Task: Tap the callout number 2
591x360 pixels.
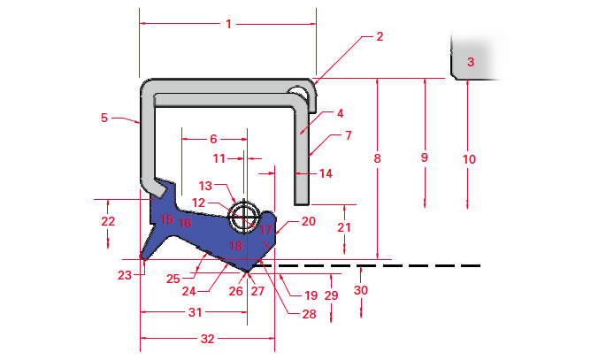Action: (380, 37)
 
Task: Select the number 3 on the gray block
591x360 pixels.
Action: (471, 62)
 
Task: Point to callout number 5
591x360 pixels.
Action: (104, 117)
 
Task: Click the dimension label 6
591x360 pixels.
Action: (213, 139)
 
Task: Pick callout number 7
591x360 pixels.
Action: (348, 136)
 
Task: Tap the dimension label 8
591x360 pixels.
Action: (377, 158)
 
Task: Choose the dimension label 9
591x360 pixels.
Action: (424, 157)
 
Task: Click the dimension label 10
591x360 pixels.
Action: (469, 159)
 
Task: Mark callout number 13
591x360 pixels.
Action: (204, 186)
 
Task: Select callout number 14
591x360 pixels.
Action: (326, 174)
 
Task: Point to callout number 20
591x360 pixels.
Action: (308, 221)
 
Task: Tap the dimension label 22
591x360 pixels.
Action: (108, 221)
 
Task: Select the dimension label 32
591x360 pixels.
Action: (208, 339)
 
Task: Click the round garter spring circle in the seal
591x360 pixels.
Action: (244, 214)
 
